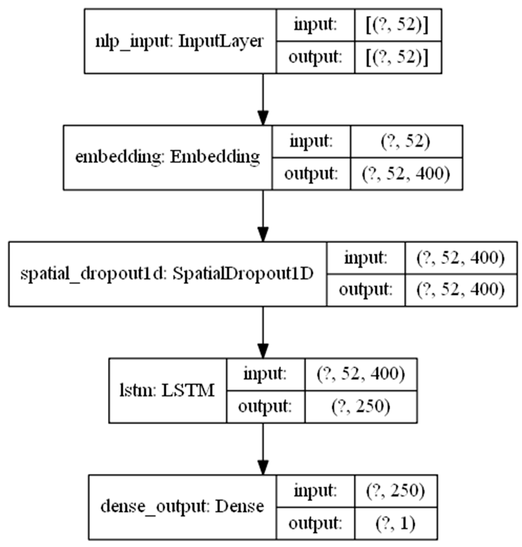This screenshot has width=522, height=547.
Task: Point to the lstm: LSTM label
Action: click(x=167, y=390)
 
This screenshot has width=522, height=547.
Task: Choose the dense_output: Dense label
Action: click(x=182, y=507)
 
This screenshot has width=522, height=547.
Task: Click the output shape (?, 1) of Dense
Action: click(x=395, y=524)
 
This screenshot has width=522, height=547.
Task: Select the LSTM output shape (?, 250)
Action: click(x=361, y=407)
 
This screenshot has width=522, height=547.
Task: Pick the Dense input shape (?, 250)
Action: click(x=395, y=491)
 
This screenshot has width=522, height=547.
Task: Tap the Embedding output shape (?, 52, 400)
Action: click(x=406, y=174)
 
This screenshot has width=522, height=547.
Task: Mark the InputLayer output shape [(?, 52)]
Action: click(x=397, y=58)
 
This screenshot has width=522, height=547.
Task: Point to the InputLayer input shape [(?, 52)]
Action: click(x=397, y=25)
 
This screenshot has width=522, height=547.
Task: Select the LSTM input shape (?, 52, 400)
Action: click(x=361, y=374)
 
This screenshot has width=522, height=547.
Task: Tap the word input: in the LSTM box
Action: click(x=265, y=374)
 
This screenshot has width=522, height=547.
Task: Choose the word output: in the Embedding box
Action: click(x=311, y=174)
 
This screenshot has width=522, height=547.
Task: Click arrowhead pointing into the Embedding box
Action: click(x=263, y=118)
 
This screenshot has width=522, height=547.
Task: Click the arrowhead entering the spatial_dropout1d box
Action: click(x=263, y=235)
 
